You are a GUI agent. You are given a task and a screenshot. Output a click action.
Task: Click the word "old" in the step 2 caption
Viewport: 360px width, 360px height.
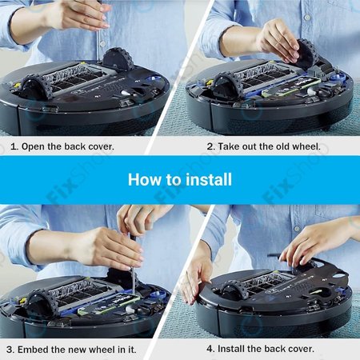coord(282,146)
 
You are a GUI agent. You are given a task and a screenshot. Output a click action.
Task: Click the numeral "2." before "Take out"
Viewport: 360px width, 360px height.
coord(211,146)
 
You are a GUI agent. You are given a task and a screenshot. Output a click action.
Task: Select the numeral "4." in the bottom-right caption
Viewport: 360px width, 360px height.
coord(211,349)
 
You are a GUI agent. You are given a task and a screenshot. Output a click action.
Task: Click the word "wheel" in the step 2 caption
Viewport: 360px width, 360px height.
coord(307,146)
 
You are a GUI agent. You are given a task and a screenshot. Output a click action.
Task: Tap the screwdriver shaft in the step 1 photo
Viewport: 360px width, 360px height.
coord(98,40)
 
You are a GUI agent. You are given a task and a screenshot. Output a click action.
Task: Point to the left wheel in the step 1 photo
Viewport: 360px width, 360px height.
coord(33,86)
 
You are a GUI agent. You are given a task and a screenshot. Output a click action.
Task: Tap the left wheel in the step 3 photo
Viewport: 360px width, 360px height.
coord(40,302)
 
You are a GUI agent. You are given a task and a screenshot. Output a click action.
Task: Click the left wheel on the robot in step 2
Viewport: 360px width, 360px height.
coord(226,83)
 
